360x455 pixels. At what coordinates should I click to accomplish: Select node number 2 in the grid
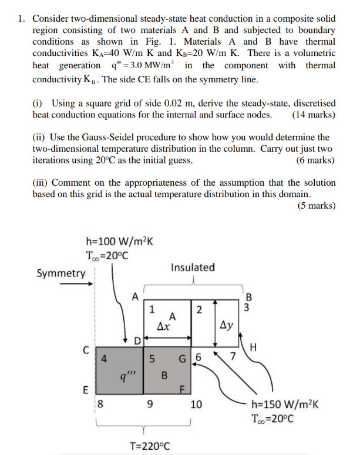point(198,310)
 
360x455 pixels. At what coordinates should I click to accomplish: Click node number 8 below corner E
point(100,404)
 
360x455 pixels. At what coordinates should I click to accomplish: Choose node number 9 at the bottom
point(151,404)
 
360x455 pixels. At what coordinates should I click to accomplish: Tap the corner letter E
point(86,390)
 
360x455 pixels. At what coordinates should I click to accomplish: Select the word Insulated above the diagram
point(193,267)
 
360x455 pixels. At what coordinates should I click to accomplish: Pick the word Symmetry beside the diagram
point(61,273)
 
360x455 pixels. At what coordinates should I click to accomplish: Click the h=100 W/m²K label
point(119,242)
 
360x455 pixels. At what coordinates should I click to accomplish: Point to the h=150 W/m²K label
point(285,404)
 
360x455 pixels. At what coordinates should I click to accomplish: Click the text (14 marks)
point(314,115)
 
